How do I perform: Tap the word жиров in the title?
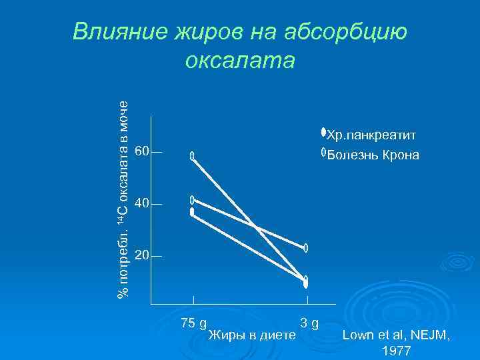pyautogui.click(x=207, y=31)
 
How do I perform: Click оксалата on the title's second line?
pyautogui.click(x=240, y=60)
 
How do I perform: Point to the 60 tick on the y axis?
pyautogui.click(x=141, y=151)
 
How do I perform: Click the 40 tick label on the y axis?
pyautogui.click(x=141, y=203)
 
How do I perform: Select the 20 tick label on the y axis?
pyautogui.click(x=141, y=255)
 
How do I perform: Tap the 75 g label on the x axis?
pyautogui.click(x=193, y=323)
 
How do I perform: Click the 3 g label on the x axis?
pyautogui.click(x=309, y=323)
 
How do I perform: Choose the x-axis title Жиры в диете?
pyautogui.click(x=252, y=334)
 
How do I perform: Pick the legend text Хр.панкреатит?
pyautogui.click(x=371, y=136)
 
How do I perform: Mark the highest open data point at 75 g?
pyautogui.click(x=192, y=156)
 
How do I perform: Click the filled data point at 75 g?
pyautogui.click(x=192, y=212)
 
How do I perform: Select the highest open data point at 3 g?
pyautogui.click(x=306, y=248)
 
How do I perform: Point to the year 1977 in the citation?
pyautogui.click(x=397, y=351)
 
